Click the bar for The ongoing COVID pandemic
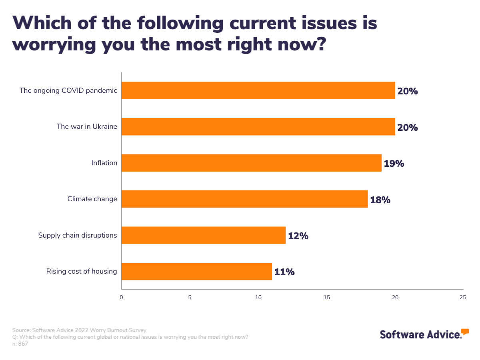pos(258,90)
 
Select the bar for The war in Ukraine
pos(258,127)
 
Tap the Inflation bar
pos(251,163)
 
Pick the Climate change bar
pos(244,199)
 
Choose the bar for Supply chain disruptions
pos(203,235)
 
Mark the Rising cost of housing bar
pos(196,271)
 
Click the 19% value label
pos(394,164)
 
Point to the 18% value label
pos(380,200)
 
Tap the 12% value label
pos(298,236)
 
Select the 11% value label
pos(284,272)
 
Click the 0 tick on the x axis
pos(121,297)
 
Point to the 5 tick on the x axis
pos(190,297)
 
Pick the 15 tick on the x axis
pos(327,297)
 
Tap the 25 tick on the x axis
pos(463,297)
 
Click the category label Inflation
pos(104,163)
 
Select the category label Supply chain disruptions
pos(78,235)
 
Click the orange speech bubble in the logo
pos(465,332)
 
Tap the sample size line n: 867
pos(20,344)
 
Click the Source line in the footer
pos(79,330)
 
